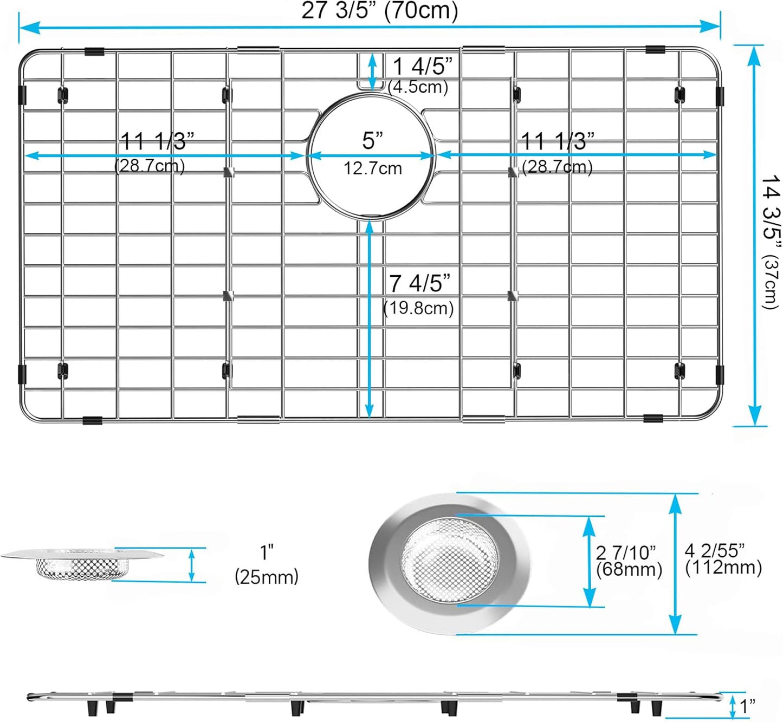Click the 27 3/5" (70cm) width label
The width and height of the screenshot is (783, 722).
point(379,10)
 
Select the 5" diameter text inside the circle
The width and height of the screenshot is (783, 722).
point(372,141)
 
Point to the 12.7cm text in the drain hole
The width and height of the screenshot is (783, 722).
point(372,168)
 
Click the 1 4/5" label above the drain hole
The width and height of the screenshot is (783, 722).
point(422,67)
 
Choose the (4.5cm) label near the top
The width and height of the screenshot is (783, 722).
point(418,87)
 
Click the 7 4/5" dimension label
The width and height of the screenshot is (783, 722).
point(419,283)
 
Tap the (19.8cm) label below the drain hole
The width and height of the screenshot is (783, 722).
point(418,308)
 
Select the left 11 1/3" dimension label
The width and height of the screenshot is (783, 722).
point(157,141)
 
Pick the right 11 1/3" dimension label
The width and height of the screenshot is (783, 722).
point(557,141)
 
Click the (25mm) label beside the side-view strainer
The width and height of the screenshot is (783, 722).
point(267,577)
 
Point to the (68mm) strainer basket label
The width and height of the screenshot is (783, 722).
point(629,570)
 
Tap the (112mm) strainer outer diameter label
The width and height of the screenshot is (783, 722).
point(723,568)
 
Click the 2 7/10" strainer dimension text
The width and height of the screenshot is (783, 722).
point(626,552)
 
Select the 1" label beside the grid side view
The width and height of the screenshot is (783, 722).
point(748,706)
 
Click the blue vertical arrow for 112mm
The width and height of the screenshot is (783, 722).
point(675,563)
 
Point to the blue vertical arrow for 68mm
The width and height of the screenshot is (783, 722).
point(589,561)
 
